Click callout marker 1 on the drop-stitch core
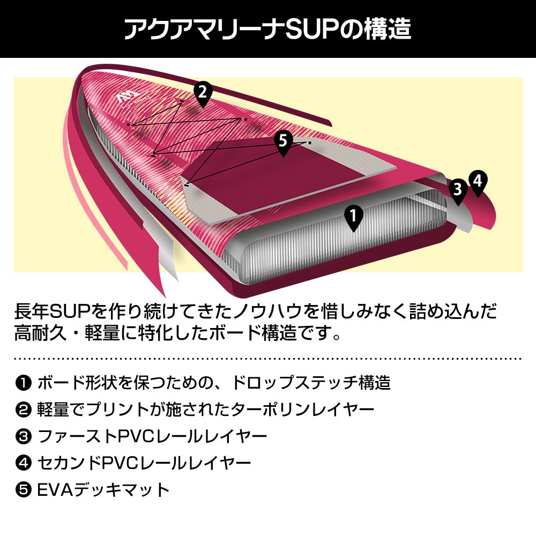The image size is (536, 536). click(x=353, y=217)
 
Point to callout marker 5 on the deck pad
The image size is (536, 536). click(x=283, y=142)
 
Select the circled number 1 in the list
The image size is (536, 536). click(x=24, y=383)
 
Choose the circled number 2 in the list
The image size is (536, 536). click(x=24, y=410)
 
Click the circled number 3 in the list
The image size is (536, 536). click(x=24, y=437)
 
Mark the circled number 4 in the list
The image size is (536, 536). click(x=24, y=463)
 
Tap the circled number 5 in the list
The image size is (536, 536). click(x=24, y=489)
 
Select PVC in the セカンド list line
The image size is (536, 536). click(x=122, y=463)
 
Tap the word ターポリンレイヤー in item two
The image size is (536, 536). click(x=302, y=410)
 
